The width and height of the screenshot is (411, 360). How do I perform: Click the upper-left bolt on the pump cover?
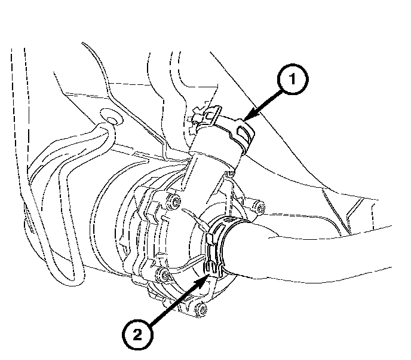pos(174,202)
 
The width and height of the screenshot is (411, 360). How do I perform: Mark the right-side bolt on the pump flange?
pos(260,209)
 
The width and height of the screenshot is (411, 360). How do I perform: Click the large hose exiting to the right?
pos(311,251)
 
